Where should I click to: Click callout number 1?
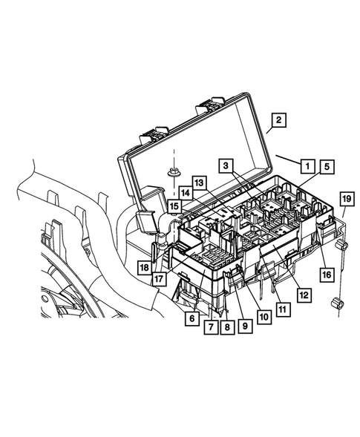(304, 164)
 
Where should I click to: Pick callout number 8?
(227, 326)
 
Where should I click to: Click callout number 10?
(264, 315)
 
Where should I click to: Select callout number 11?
(283, 306)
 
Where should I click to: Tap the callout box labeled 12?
(304, 295)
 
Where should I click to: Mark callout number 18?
(144, 266)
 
